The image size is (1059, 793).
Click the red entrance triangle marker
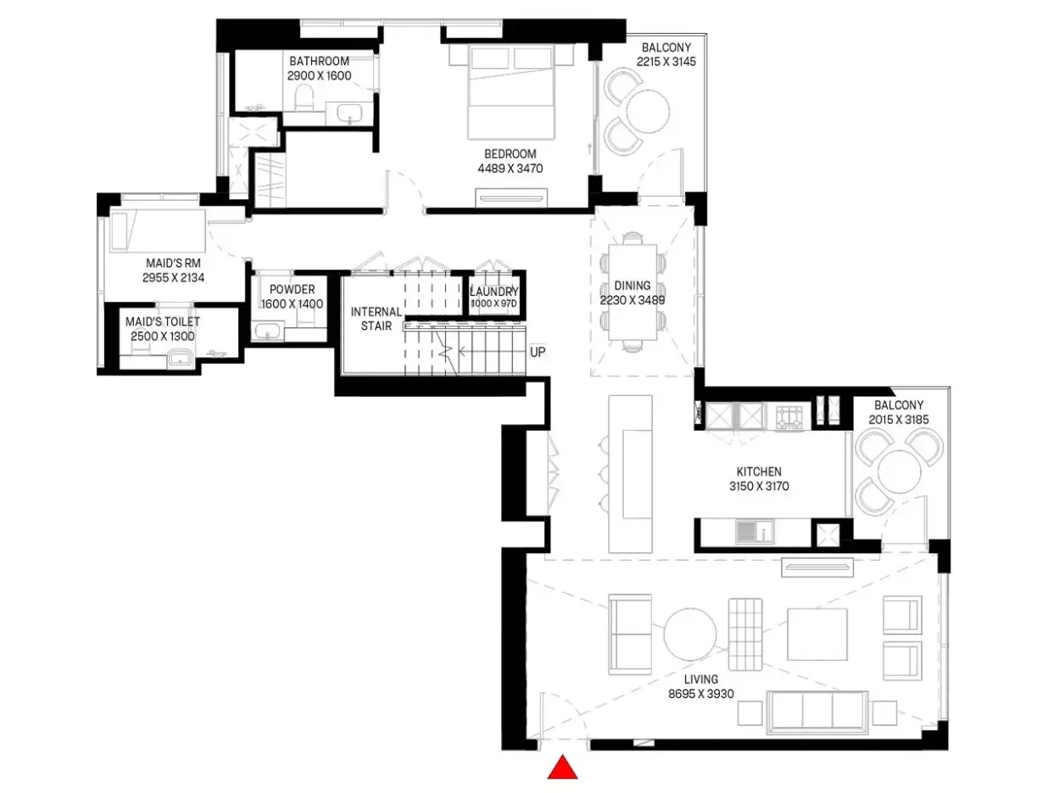click(x=562, y=767)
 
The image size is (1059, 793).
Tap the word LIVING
click(x=700, y=679)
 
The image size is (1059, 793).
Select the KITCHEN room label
click(x=759, y=472)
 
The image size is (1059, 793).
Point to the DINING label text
click(x=632, y=285)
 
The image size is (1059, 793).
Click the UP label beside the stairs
click(x=538, y=352)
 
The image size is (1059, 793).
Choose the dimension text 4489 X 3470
click(x=510, y=169)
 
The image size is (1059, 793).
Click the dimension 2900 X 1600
click(x=319, y=75)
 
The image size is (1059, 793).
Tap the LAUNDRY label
click(x=493, y=292)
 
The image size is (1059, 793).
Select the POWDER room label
click(x=292, y=289)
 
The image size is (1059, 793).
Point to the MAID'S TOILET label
click(x=163, y=321)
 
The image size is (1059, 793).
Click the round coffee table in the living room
click(x=690, y=634)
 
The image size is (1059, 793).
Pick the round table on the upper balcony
click(x=648, y=111)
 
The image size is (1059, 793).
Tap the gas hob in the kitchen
click(x=789, y=417)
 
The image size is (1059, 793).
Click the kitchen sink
click(x=755, y=533)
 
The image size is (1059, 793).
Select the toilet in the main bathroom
click(x=304, y=98)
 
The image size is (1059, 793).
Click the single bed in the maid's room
click(x=158, y=231)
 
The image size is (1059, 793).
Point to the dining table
click(x=633, y=293)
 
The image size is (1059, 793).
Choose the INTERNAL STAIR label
click(x=376, y=319)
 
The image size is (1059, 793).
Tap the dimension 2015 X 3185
click(x=899, y=420)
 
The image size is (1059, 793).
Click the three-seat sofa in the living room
click(x=817, y=712)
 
